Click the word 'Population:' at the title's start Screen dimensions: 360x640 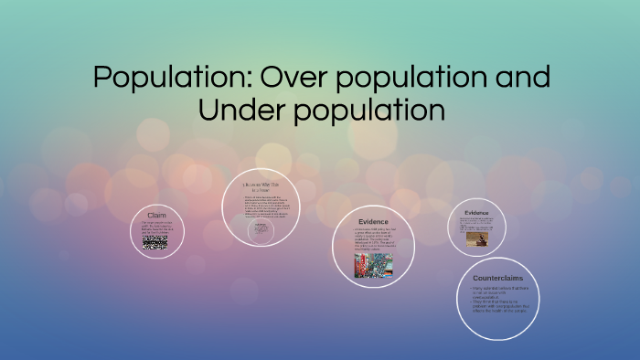pyautogui.click(x=173, y=78)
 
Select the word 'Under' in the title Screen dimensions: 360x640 pyautogui.click(x=246, y=111)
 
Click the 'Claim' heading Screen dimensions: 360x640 pyautogui.click(x=156, y=216)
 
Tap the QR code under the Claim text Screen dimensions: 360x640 pyautogui.click(x=155, y=242)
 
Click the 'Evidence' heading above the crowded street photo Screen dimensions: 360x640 pyautogui.click(x=373, y=222)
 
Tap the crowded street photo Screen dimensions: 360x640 pyautogui.click(x=373, y=265)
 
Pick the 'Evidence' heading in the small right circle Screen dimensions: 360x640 pyautogui.click(x=476, y=213)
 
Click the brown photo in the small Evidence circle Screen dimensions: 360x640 pyautogui.click(x=476, y=238)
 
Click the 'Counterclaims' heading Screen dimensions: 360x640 pyautogui.click(x=497, y=278)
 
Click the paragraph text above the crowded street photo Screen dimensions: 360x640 pyautogui.click(x=374, y=239)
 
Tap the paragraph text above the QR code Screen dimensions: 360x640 pyautogui.click(x=156, y=227)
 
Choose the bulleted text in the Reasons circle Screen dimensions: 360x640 pyautogui.click(x=262, y=206)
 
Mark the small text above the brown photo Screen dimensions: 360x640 pyautogui.click(x=476, y=223)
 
